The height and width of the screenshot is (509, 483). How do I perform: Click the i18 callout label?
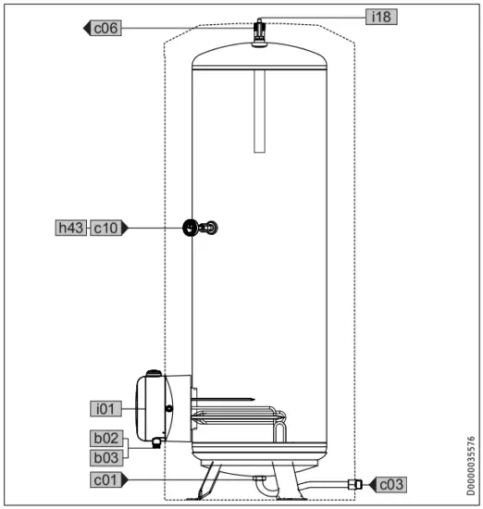tap(379, 16)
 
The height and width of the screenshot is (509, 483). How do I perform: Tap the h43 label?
tap(69, 228)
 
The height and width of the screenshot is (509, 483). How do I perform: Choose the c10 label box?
tap(105, 228)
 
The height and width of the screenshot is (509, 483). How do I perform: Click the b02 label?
tap(105, 438)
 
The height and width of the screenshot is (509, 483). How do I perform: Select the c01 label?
tap(105, 479)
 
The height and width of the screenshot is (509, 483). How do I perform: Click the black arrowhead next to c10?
tap(127, 228)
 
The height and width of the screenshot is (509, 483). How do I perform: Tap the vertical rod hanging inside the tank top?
tap(260, 111)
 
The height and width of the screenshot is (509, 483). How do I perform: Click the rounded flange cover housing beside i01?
tap(153, 407)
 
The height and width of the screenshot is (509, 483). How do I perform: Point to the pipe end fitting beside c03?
tap(353, 482)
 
